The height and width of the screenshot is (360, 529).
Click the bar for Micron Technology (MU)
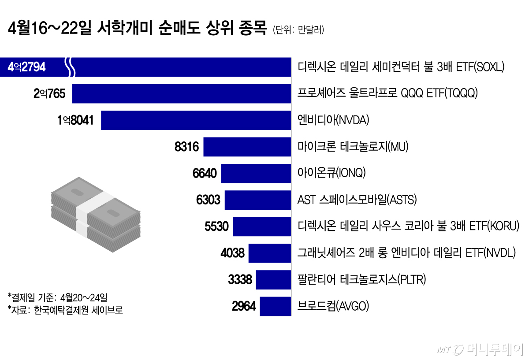[x=247, y=147]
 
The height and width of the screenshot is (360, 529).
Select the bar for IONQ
[x=256, y=174]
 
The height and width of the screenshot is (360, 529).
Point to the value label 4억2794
[x=27, y=67]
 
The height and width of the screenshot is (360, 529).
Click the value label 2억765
[x=49, y=94]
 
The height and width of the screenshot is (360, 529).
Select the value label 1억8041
[x=75, y=120]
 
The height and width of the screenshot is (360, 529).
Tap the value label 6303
[x=208, y=200]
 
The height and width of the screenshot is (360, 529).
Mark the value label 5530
[x=216, y=226]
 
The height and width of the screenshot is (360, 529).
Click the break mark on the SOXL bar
[x=70, y=67]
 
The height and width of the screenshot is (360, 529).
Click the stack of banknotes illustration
[x=95, y=215]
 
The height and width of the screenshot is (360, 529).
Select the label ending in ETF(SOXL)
[x=401, y=67]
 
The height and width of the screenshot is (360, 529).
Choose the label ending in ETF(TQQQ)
[x=387, y=93]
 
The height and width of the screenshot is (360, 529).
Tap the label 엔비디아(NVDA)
[x=333, y=120]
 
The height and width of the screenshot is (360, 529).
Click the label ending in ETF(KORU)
[x=408, y=226]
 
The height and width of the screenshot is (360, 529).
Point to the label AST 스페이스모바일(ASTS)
[x=357, y=200]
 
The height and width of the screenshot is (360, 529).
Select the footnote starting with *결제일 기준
[x=60, y=296]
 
